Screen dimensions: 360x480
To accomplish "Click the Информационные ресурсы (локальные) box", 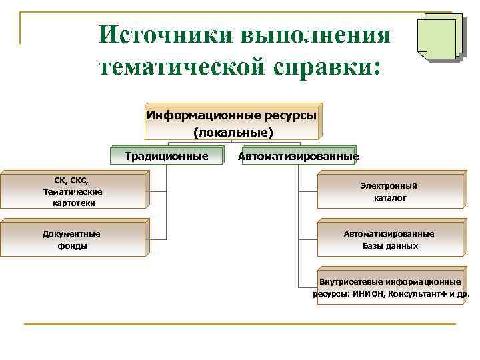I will click(x=232, y=121).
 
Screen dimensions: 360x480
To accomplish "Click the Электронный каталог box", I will click(x=389, y=192).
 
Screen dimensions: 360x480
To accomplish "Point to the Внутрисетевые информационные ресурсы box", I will click(x=389, y=287).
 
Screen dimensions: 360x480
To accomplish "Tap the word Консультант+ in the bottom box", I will click(x=417, y=293).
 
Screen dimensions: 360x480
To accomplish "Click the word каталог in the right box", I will click(x=390, y=198).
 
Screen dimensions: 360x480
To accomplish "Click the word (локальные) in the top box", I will click(x=233, y=133).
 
